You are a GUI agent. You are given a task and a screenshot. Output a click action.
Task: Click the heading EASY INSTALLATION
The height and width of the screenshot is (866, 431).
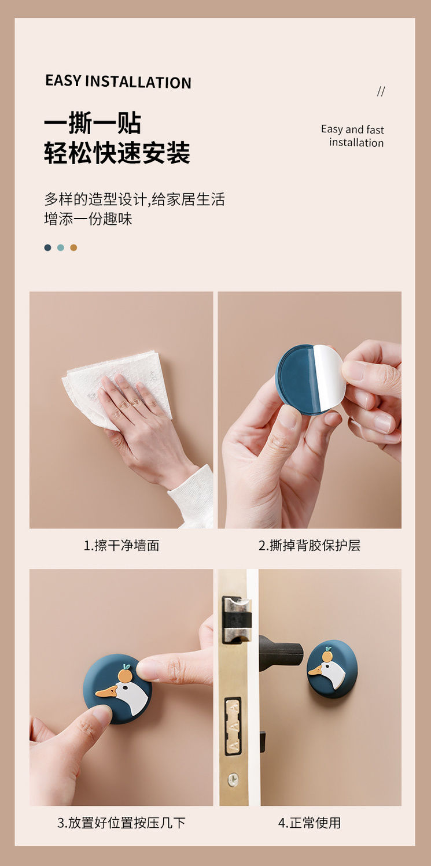click(x=119, y=82)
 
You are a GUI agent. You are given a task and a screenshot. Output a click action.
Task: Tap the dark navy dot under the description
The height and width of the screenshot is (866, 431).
click(x=47, y=247)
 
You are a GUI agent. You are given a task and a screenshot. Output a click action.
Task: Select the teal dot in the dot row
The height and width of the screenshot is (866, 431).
click(x=61, y=247)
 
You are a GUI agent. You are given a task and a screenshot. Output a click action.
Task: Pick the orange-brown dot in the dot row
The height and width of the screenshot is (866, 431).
click(x=73, y=247)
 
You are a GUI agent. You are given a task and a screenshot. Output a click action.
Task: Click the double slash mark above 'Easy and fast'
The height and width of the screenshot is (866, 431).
click(x=381, y=91)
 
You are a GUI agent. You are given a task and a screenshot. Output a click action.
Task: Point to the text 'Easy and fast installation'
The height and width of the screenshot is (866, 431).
click(x=352, y=136)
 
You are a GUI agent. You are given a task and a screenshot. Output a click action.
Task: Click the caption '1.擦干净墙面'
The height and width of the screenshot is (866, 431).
click(x=121, y=546)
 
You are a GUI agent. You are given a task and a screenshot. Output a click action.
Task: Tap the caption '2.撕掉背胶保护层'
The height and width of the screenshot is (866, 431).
click(x=310, y=546)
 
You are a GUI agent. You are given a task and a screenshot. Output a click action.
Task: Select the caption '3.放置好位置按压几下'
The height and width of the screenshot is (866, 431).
click(x=121, y=823)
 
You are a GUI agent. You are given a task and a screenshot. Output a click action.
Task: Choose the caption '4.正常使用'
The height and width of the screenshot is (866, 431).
click(x=310, y=823)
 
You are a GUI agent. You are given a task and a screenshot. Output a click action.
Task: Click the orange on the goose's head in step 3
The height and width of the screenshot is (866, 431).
click(x=125, y=675)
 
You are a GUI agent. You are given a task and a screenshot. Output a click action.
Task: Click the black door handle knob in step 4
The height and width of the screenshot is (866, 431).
click(x=281, y=653)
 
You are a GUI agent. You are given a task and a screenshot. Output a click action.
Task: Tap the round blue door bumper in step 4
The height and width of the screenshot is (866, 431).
click(x=332, y=669)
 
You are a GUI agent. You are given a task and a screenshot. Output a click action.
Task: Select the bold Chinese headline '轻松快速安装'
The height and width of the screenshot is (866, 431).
click(x=117, y=153)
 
